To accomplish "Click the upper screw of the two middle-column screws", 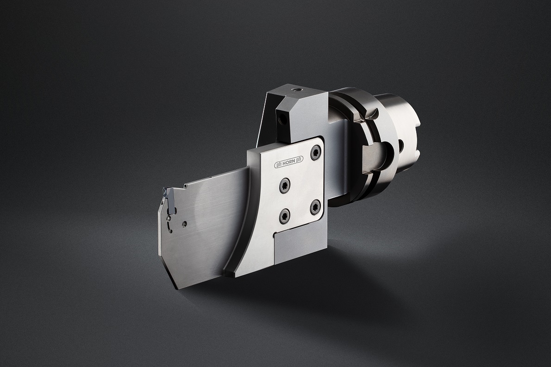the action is [284, 185].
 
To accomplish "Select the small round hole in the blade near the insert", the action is [183, 223].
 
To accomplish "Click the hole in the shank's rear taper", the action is [401, 145].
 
